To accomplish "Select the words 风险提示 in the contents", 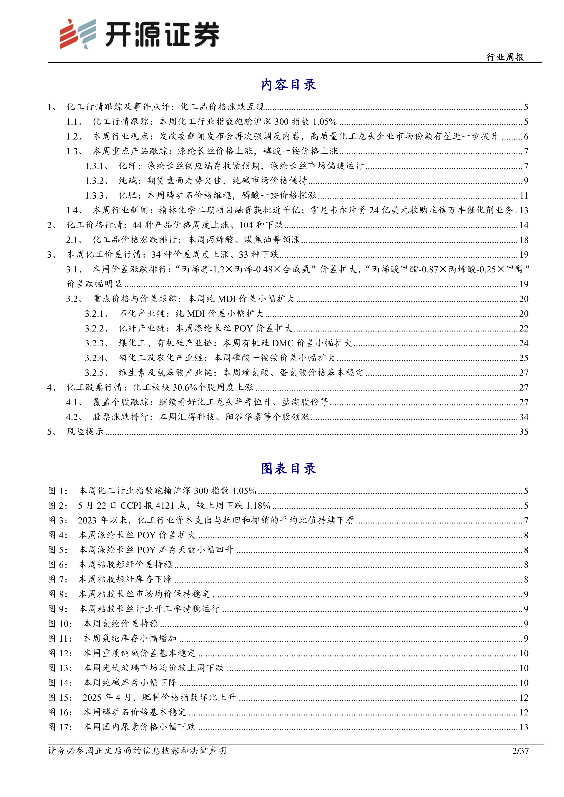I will (x=85, y=432).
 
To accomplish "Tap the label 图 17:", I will (x=60, y=727).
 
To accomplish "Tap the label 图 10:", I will (x=60, y=624).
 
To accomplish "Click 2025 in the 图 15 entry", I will (x=92, y=697).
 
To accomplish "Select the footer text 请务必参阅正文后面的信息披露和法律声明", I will (x=137, y=751).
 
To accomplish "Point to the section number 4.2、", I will (x=74, y=417).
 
